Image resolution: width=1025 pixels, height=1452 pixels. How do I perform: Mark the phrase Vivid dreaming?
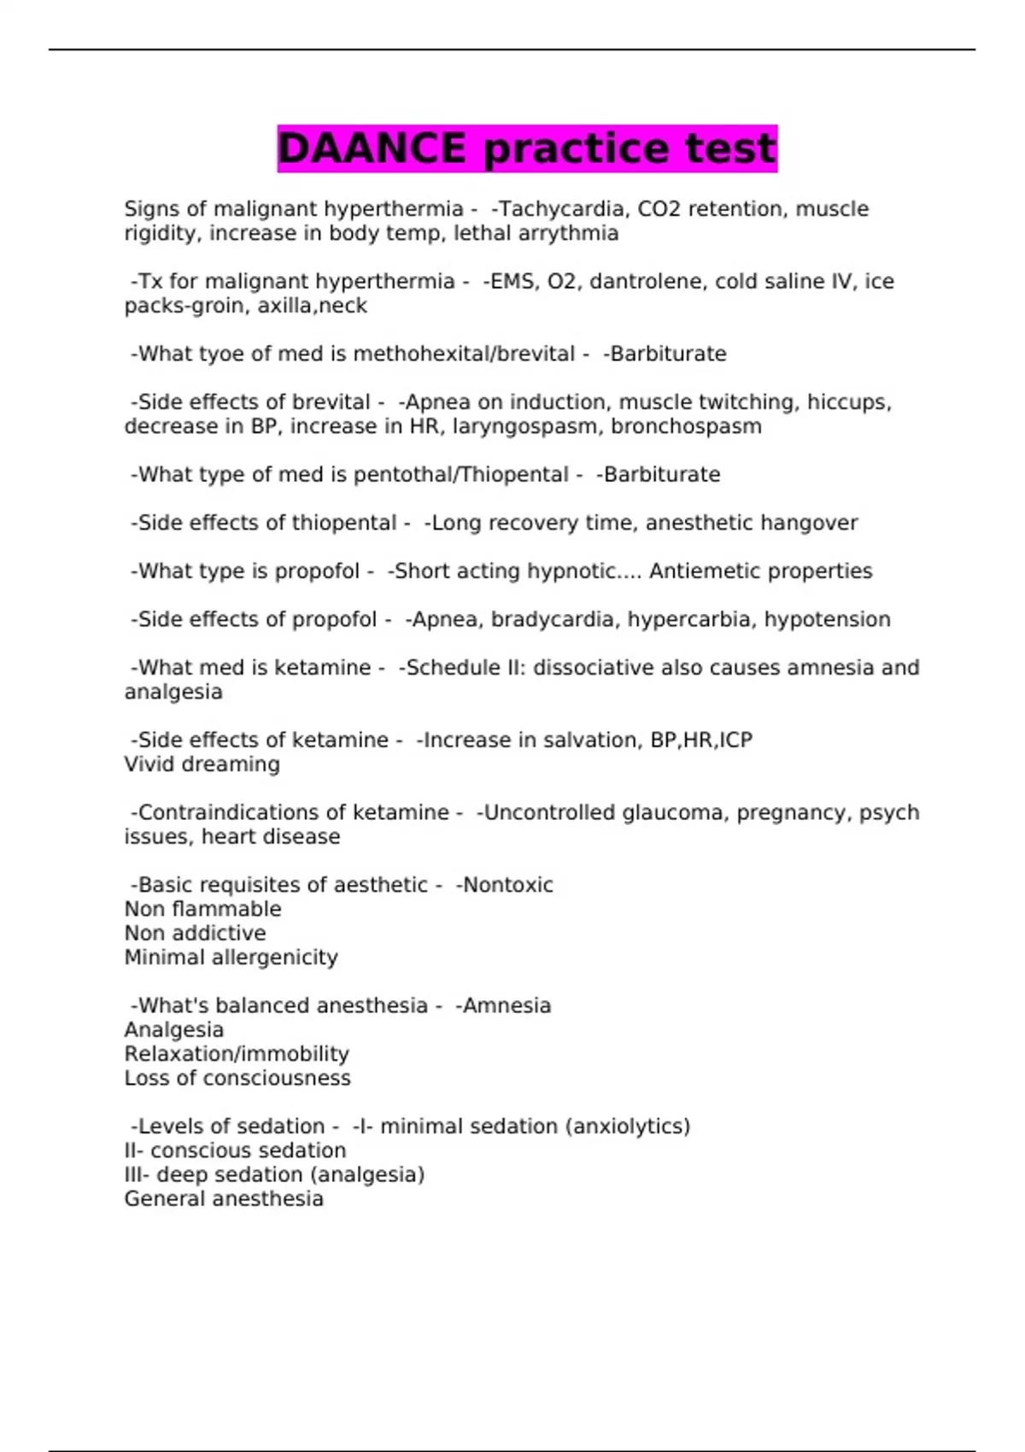tap(202, 764)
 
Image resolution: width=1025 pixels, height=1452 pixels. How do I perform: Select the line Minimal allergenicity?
tap(231, 957)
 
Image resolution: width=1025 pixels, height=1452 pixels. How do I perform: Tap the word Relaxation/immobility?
tap(237, 1054)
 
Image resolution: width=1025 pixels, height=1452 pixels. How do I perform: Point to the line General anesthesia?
tap(224, 1199)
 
